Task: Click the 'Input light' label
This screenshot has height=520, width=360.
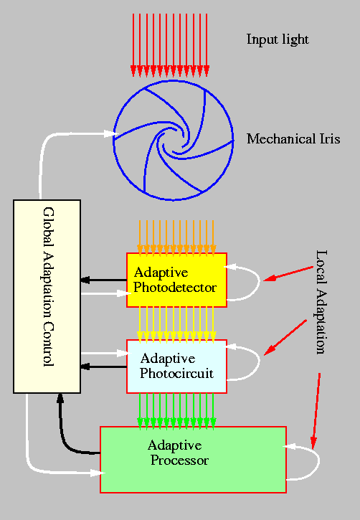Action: click(x=278, y=39)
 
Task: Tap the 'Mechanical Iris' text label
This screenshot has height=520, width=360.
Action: click(x=293, y=138)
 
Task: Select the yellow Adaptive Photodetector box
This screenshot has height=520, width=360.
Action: click(x=176, y=280)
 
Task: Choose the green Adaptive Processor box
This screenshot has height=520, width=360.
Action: click(x=192, y=459)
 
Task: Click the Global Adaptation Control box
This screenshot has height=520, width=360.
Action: click(x=47, y=296)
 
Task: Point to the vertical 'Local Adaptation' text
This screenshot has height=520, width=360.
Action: click(x=321, y=301)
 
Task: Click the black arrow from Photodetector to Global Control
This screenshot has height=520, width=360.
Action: click(x=103, y=280)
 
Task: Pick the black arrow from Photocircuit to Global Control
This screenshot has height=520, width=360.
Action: click(x=103, y=367)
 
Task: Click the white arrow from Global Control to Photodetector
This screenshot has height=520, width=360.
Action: click(x=105, y=293)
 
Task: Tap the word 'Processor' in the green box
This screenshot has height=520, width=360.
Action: click(x=179, y=460)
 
